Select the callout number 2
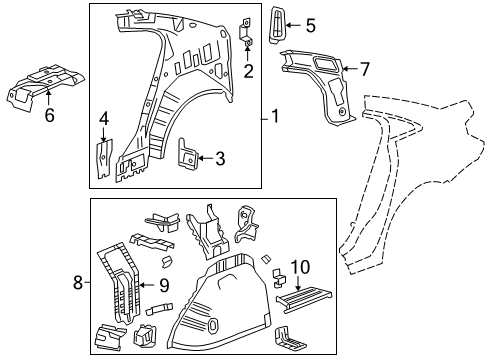[248, 69]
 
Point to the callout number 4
[103, 122]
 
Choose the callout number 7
[364, 69]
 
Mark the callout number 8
[79, 283]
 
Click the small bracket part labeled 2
[247, 32]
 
